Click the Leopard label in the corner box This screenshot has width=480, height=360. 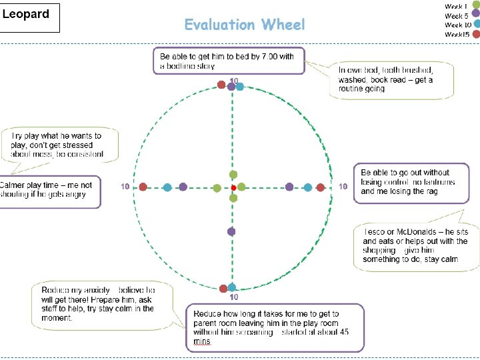27,15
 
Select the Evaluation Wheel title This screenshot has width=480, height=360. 244,25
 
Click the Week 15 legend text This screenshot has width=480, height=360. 457,34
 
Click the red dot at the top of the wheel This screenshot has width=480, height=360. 222,85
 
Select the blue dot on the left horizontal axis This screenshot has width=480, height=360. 167,187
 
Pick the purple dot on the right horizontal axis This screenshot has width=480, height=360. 289,187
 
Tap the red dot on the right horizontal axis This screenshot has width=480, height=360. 321,187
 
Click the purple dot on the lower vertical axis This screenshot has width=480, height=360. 231,231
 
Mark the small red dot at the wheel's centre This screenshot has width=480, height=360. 233,188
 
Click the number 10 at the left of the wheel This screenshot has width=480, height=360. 125,187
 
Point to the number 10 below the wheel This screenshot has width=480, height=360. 234,297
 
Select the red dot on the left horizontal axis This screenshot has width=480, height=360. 143,187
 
